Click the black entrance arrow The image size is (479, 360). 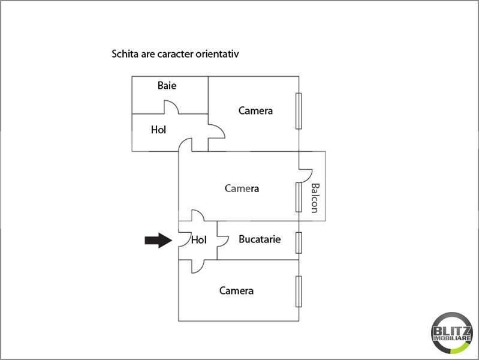coord(158,240)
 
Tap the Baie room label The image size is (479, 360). coord(167,85)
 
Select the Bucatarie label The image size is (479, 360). coord(260,239)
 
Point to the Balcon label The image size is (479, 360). coord(315,198)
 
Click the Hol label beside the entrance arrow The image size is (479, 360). coord(199,239)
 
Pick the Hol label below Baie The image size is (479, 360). coord(158,130)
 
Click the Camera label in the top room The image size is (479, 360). coord(255,110)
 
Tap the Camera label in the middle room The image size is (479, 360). coord(242,188)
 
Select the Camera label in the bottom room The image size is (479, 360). coord(236,290)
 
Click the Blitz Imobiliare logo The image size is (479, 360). coord(452,333)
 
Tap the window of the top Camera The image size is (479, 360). coord(299,111)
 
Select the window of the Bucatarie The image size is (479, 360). coord(299,242)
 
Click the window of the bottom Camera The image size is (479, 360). coord(299,291)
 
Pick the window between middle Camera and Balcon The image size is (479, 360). coord(299,197)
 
